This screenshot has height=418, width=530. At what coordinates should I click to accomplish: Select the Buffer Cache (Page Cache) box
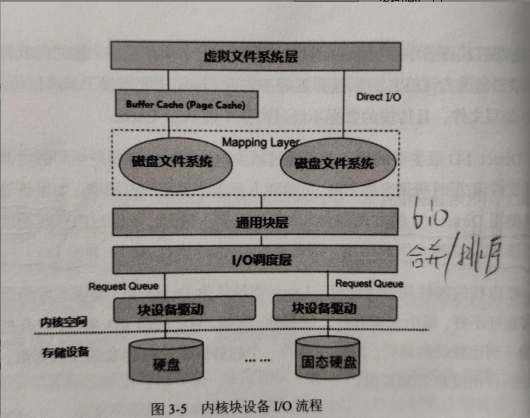pos(187,104)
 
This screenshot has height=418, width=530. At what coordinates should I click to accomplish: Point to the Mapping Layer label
pos(261,142)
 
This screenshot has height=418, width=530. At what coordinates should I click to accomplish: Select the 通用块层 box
pos(255,222)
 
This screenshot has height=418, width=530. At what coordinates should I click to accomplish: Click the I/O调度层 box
pos(255,259)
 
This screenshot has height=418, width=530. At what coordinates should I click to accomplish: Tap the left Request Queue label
pos(123,286)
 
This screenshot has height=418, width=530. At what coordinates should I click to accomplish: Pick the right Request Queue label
pos(369,284)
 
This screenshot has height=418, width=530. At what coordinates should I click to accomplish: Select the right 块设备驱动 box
pos(335,308)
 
